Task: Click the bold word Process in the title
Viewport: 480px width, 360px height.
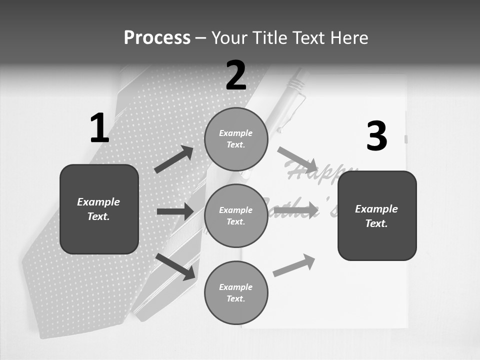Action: [x=157, y=37]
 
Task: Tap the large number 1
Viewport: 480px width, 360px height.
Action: [x=99, y=128]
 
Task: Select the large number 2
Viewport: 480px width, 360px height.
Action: [x=236, y=75]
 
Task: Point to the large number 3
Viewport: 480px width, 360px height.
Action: [x=376, y=136]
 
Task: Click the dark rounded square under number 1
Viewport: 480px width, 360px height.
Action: [x=99, y=209]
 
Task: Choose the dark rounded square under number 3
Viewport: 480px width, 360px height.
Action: [x=377, y=215]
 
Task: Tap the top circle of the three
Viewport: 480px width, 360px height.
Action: [x=236, y=139]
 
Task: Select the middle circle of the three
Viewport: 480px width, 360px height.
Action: [x=236, y=215]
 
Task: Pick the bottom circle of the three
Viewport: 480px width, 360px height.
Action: [x=236, y=292]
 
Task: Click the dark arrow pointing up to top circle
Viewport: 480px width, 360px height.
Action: [x=174, y=159]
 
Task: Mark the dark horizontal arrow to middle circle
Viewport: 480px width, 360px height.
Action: [x=175, y=211]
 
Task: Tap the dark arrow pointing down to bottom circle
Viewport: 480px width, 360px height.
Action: [x=175, y=266]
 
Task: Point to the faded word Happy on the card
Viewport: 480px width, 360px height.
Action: [x=320, y=172]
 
